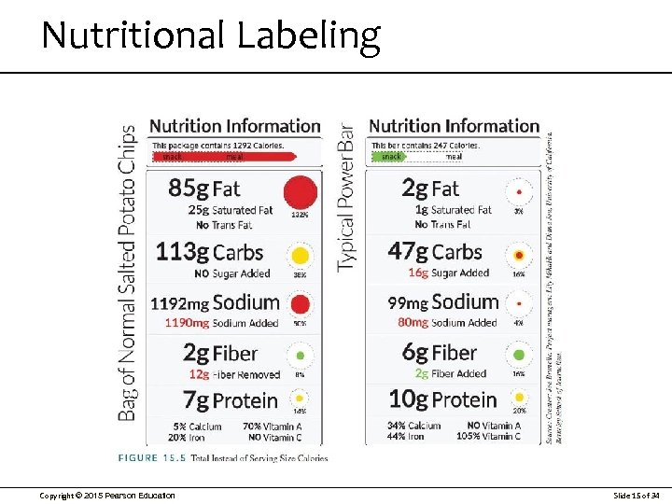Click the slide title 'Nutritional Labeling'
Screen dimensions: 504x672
pyautogui.click(x=211, y=36)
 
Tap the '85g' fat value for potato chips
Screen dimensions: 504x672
pyautogui.click(x=189, y=189)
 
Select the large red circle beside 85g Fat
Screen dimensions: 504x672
pyautogui.click(x=301, y=192)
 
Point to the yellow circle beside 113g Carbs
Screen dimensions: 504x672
pyautogui.click(x=301, y=255)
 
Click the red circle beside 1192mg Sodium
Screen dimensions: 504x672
pyautogui.click(x=301, y=304)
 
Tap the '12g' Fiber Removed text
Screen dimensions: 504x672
pyautogui.click(x=198, y=373)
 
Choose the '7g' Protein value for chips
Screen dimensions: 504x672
pyautogui.click(x=196, y=400)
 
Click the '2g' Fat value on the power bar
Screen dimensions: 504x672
pyautogui.click(x=414, y=189)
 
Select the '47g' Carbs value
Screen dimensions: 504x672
pyautogui.click(x=408, y=252)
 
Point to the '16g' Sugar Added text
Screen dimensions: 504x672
pyautogui.click(x=418, y=273)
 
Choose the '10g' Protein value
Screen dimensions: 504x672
pyautogui.click(x=408, y=399)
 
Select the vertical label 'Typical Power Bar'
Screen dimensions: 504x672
pyautogui.click(x=346, y=197)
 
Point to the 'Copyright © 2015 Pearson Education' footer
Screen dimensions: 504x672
pyautogui.click(x=106, y=495)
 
